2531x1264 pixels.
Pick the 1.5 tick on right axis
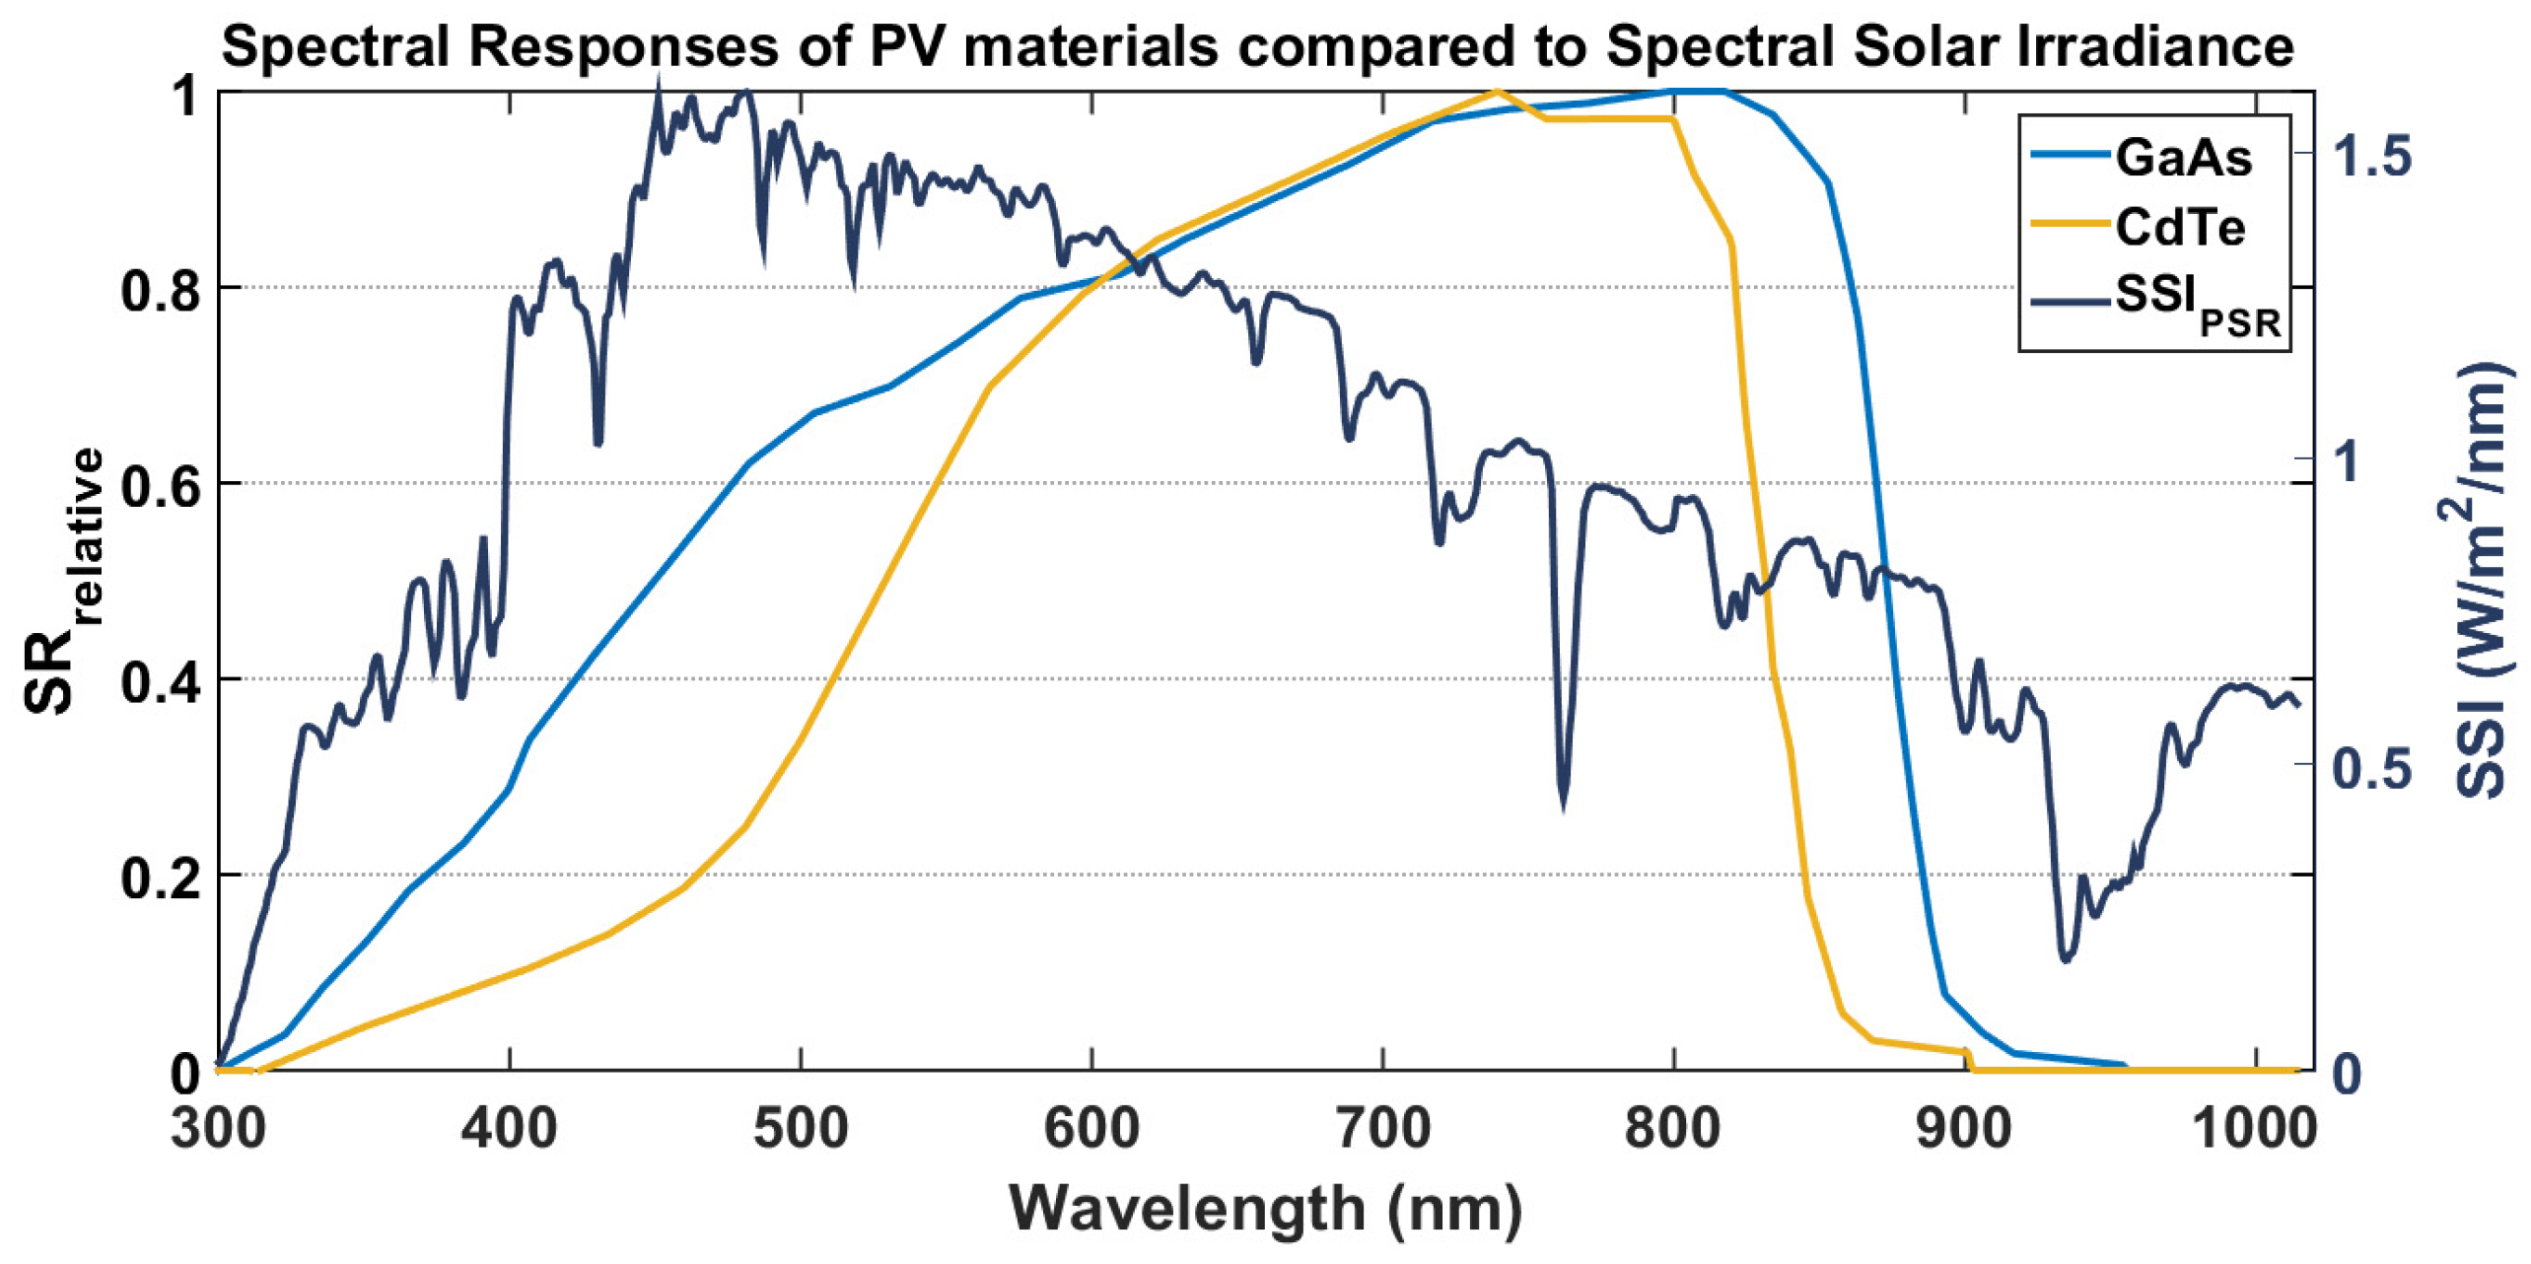pyautogui.click(x=2371, y=156)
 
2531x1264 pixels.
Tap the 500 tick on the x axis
pyautogui.click(x=800, y=1127)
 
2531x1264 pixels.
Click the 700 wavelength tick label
pyautogui.click(x=1382, y=1127)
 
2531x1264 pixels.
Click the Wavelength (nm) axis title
pyautogui.click(x=1265, y=1208)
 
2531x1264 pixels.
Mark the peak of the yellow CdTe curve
pyautogui.click(x=1497, y=92)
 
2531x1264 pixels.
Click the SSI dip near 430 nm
pyautogui.click(x=598, y=441)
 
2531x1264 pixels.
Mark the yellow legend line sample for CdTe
pyautogui.click(x=2071, y=226)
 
